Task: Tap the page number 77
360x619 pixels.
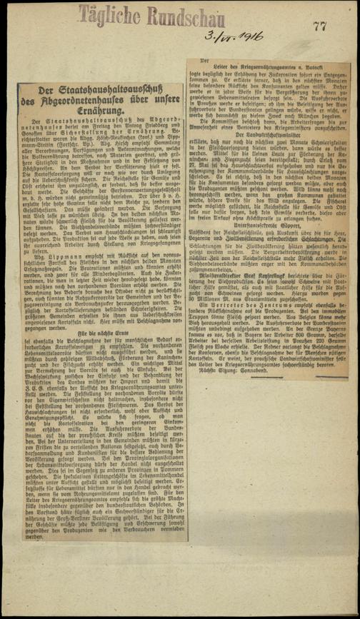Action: pyautogui.click(x=319, y=26)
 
